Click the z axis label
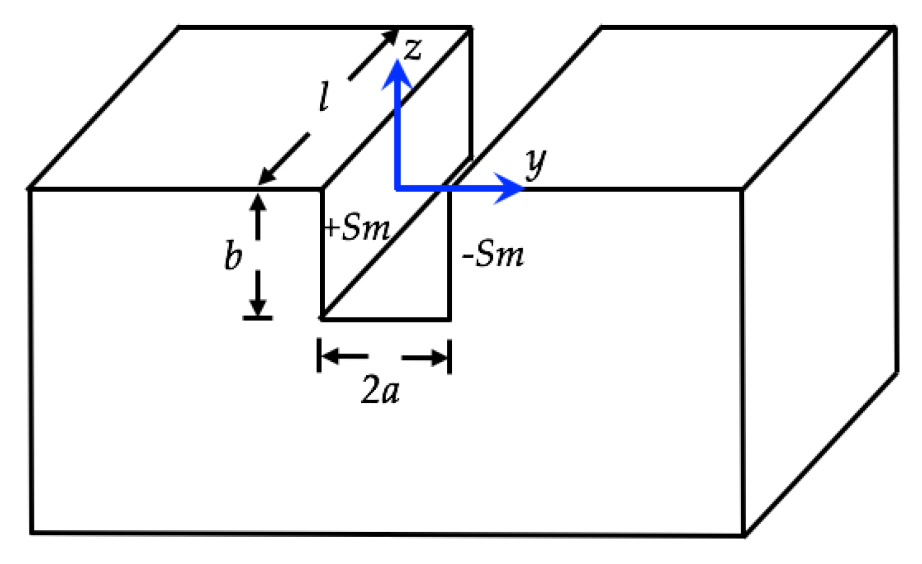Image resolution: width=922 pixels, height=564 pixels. tap(412, 48)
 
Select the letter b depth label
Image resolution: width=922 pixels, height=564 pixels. tap(233, 255)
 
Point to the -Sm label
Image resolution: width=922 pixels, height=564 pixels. tap(493, 255)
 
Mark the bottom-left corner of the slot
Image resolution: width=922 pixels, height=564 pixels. tap(322, 319)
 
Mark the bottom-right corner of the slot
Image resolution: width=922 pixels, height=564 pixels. tap(449, 319)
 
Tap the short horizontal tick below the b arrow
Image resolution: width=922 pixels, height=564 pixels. tap(258, 318)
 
